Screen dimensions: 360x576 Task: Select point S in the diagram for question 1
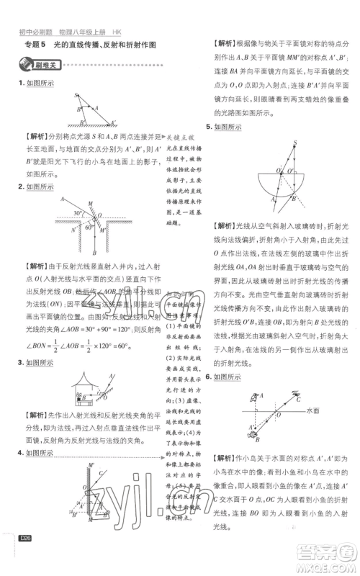click(x=77, y=94)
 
